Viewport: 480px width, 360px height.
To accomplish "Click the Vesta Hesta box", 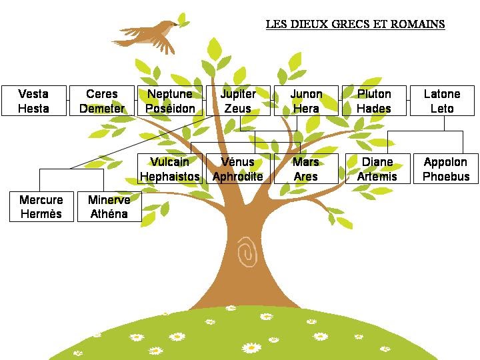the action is pyautogui.click(x=33, y=101).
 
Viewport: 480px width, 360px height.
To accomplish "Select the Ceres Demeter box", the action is pyautogui.click(x=102, y=101).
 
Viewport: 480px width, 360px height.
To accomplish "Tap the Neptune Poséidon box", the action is pyautogui.click(x=170, y=101).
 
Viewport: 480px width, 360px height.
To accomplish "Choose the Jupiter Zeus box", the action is pyautogui.click(x=238, y=101).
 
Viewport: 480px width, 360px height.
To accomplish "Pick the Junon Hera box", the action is pyautogui.click(x=306, y=101).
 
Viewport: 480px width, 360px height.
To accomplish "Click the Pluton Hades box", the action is pyautogui.click(x=374, y=101).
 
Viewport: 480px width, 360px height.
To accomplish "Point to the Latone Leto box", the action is pyautogui.click(x=442, y=101).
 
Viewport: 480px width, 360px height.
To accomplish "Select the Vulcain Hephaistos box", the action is pyautogui.click(x=170, y=169).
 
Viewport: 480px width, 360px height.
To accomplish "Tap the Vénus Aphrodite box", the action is pyautogui.click(x=238, y=169).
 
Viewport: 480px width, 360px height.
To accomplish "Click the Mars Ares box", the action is pyautogui.click(x=306, y=169).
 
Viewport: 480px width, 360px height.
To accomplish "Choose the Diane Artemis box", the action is pyautogui.click(x=377, y=169).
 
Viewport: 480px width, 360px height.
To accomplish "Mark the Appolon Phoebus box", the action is pyautogui.click(x=446, y=169).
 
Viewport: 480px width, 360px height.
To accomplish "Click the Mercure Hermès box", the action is pyautogui.click(x=41, y=207).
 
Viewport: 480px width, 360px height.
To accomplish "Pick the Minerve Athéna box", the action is pyautogui.click(x=109, y=207).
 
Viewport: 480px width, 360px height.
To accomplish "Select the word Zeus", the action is pyautogui.click(x=238, y=109).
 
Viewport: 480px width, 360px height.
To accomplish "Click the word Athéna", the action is pyautogui.click(x=109, y=214).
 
